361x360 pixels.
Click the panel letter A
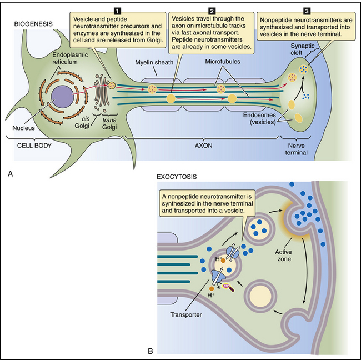tap(11, 173)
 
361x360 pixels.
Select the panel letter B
tap(151, 350)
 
